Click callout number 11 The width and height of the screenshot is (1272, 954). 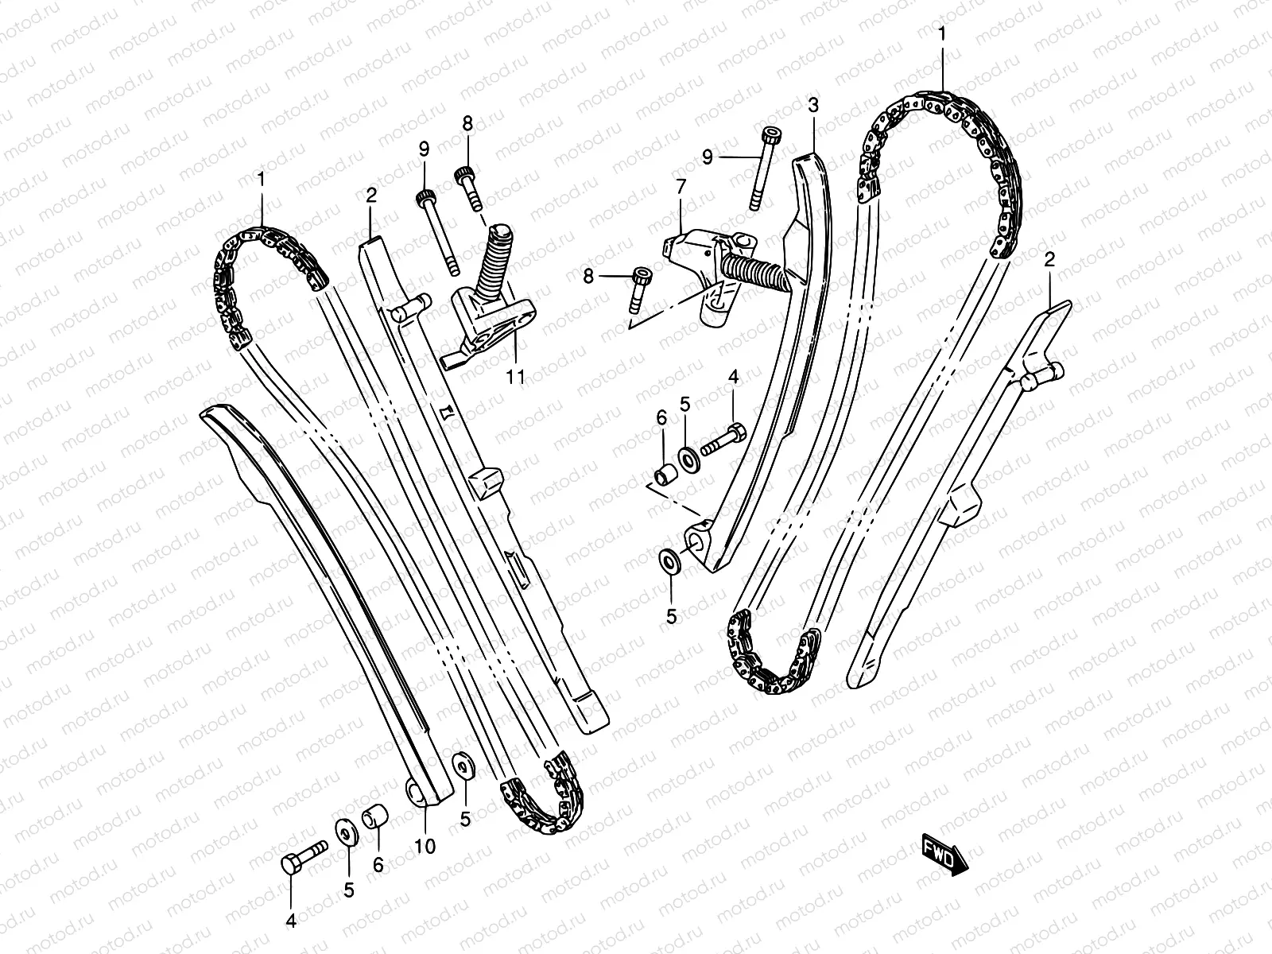click(x=516, y=377)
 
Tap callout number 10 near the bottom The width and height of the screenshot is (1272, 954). click(x=425, y=847)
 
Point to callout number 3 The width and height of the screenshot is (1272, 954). click(x=812, y=105)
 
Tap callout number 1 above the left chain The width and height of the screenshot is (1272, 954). click(x=260, y=180)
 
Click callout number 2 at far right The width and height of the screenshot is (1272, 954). click(x=1049, y=259)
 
